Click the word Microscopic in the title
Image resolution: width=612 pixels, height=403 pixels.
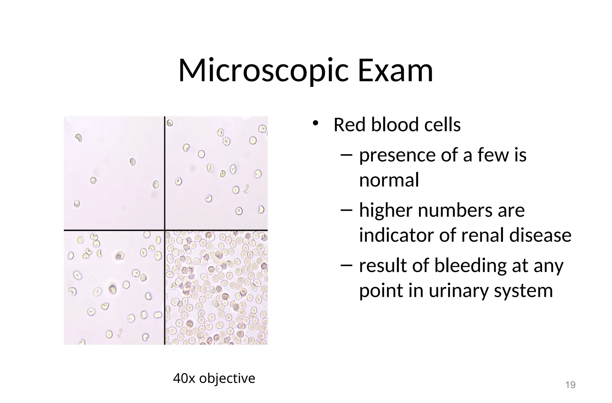coord(263,71)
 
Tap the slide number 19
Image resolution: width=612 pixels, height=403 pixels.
coord(570,385)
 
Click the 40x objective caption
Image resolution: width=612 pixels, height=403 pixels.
coord(214,378)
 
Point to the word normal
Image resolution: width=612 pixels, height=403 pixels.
coord(389,180)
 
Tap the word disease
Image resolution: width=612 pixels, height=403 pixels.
coord(540,235)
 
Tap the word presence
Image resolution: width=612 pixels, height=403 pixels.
coord(397,155)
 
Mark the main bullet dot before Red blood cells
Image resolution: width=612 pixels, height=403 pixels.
coord(315,123)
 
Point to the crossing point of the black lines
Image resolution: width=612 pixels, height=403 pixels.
coord(165,230)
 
